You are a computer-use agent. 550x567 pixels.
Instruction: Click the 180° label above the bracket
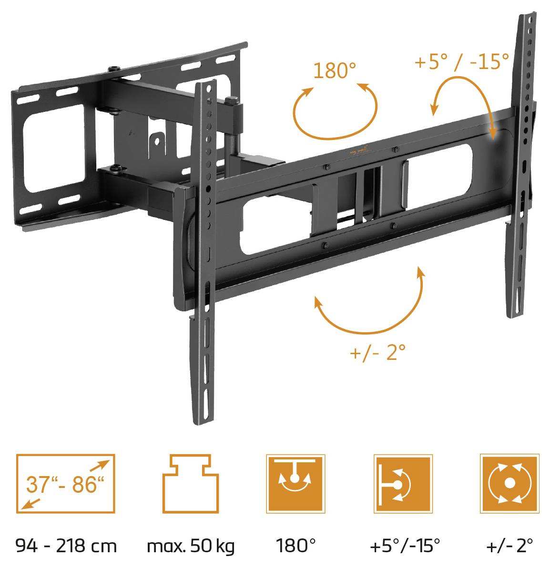pos(335,71)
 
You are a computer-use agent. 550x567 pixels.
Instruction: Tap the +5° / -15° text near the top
pos(461,61)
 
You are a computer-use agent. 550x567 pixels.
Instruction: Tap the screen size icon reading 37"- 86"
pos(66,483)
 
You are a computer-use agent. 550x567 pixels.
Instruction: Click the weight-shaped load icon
pos(191,483)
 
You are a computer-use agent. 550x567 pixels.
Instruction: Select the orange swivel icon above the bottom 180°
pos(295,483)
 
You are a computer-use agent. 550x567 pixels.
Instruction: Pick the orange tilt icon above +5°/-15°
pos(403,483)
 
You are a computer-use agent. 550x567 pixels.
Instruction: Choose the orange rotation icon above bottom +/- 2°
pos(509,483)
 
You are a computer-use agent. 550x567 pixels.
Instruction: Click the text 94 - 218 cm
pos(66,546)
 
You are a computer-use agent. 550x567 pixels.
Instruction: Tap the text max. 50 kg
pos(191,546)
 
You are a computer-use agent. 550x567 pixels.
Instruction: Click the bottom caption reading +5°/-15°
pos(404,546)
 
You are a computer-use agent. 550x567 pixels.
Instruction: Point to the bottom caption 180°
pos(295,546)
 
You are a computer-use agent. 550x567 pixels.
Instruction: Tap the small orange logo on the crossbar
pos(356,151)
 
